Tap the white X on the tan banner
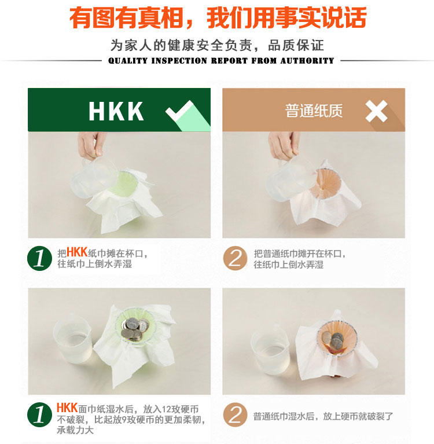tap(376, 111)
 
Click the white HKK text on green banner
tap(116, 111)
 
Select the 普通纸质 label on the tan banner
tap(314, 111)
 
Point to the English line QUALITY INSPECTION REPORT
tap(178, 61)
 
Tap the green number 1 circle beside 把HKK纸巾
tap(39, 258)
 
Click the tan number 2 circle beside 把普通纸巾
tap(236, 258)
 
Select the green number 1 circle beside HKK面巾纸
tap(39, 414)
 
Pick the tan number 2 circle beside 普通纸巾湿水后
tap(236, 414)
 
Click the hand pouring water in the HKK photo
tap(91, 145)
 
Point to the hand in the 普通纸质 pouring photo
tap(284, 145)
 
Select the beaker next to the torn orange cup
tap(271, 349)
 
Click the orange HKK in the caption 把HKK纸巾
tap(77, 252)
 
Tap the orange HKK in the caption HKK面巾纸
tap(67, 408)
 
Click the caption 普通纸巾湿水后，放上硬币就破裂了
tap(323, 416)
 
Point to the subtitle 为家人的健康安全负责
tap(181, 45)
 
